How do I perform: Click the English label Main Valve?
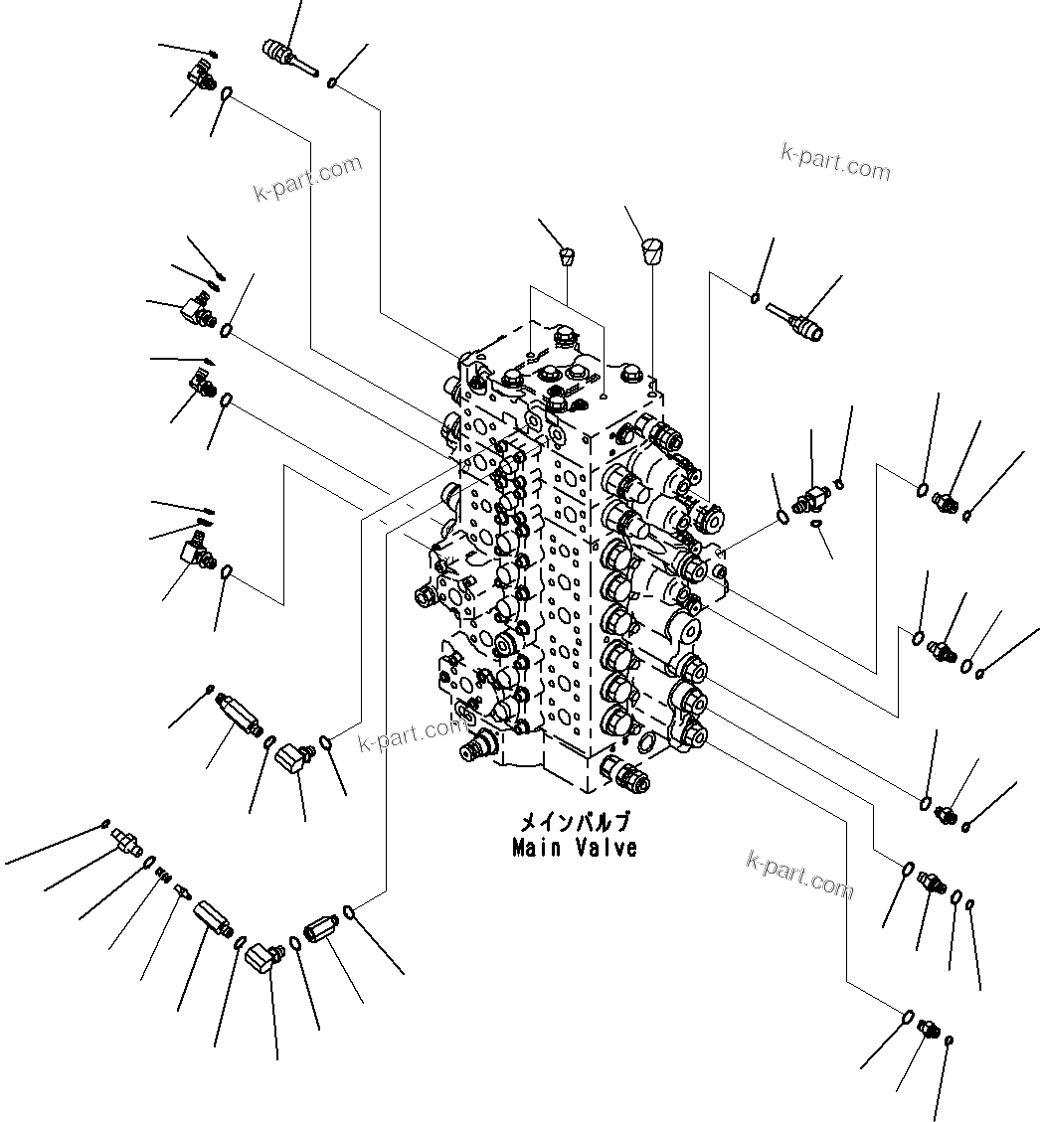(x=574, y=848)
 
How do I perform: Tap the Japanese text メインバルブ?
(x=574, y=824)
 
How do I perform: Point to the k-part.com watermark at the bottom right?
(x=799, y=873)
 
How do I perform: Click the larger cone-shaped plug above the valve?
(x=651, y=249)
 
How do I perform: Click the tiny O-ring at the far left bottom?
(x=105, y=823)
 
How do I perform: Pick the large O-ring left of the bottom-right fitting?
(x=907, y=1016)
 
